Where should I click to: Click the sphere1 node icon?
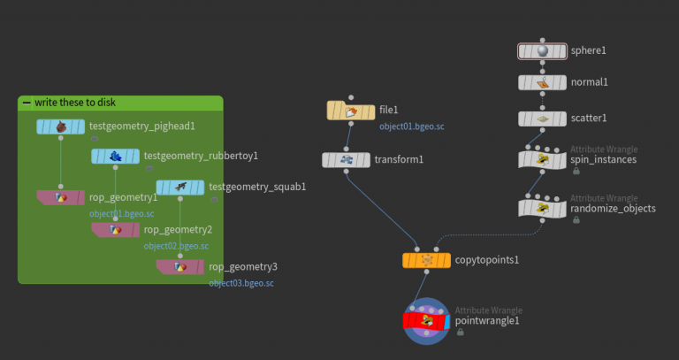(543, 51)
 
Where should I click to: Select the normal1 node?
(543, 82)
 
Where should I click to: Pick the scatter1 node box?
(543, 118)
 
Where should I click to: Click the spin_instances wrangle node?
(543, 159)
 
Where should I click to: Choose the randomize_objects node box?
(543, 208)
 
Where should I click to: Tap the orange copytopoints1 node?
(426, 260)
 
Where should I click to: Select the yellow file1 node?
(351, 111)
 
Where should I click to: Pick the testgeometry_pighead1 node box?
(60, 126)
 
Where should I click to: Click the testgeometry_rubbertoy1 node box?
(115, 157)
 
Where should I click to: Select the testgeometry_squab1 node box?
(179, 187)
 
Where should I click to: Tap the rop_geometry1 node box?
(60, 196)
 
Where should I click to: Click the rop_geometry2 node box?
(115, 229)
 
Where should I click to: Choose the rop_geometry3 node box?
(179, 266)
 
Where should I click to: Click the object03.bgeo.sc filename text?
(241, 283)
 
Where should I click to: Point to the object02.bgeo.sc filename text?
(176, 246)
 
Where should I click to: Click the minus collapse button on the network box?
(26, 103)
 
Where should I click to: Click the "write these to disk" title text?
(75, 103)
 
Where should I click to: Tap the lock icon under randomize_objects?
(576, 220)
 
